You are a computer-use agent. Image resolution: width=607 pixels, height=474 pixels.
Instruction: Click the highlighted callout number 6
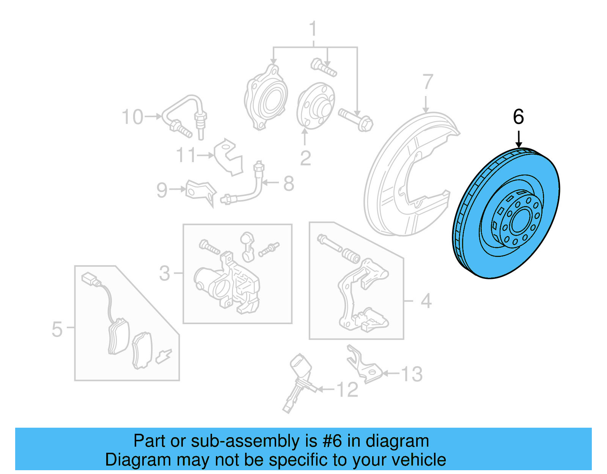click(x=518, y=117)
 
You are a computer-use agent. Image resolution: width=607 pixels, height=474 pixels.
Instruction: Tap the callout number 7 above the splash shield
click(x=428, y=82)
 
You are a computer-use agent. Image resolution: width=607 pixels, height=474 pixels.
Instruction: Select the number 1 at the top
click(x=313, y=29)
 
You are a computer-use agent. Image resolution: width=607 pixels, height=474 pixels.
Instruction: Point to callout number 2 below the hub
click(x=305, y=158)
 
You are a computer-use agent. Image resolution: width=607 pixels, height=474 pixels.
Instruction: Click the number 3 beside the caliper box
click(x=165, y=273)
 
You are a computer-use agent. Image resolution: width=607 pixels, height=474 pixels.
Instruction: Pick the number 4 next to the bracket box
click(x=426, y=301)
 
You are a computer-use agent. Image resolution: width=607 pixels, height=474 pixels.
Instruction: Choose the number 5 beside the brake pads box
click(x=57, y=329)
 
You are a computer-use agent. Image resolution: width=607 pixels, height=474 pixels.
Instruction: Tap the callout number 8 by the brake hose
click(x=289, y=184)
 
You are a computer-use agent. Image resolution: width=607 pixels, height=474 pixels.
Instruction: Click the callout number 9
click(x=162, y=190)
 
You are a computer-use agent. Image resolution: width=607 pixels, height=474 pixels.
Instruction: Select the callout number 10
click(x=133, y=117)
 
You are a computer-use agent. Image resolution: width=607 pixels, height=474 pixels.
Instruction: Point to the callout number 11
click(x=186, y=155)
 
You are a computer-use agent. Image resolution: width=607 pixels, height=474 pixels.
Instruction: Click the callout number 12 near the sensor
click(x=347, y=390)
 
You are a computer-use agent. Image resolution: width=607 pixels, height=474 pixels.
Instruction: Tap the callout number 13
click(x=412, y=374)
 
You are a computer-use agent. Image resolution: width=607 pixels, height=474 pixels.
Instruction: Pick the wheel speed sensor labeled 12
click(x=300, y=380)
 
